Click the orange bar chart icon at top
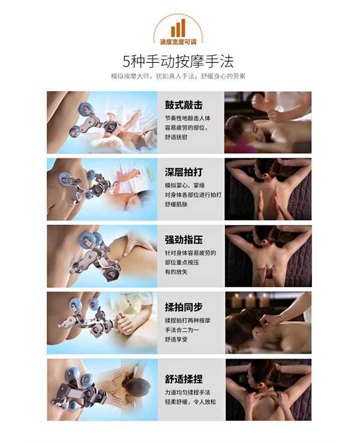pyautogui.click(x=178, y=28)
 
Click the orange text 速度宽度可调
pyautogui.click(x=178, y=42)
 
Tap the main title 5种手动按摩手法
pyautogui.click(x=178, y=61)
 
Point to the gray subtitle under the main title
pyautogui.click(x=178, y=76)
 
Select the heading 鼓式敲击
pyautogui.click(x=184, y=105)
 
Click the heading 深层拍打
pyautogui.click(x=184, y=172)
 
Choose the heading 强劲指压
pyautogui.click(x=184, y=240)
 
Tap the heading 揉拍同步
pyautogui.click(x=184, y=307)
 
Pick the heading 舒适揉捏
pyautogui.click(x=184, y=379)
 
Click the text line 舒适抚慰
pyautogui.click(x=176, y=137)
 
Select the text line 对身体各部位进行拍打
pyautogui.click(x=193, y=195)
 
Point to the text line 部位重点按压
pyautogui.click(x=182, y=263)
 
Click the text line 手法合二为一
pyautogui.click(x=182, y=330)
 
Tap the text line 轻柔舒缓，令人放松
pyautogui.click(x=190, y=402)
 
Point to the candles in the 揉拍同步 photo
pyautogui.click(x=254, y=300)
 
